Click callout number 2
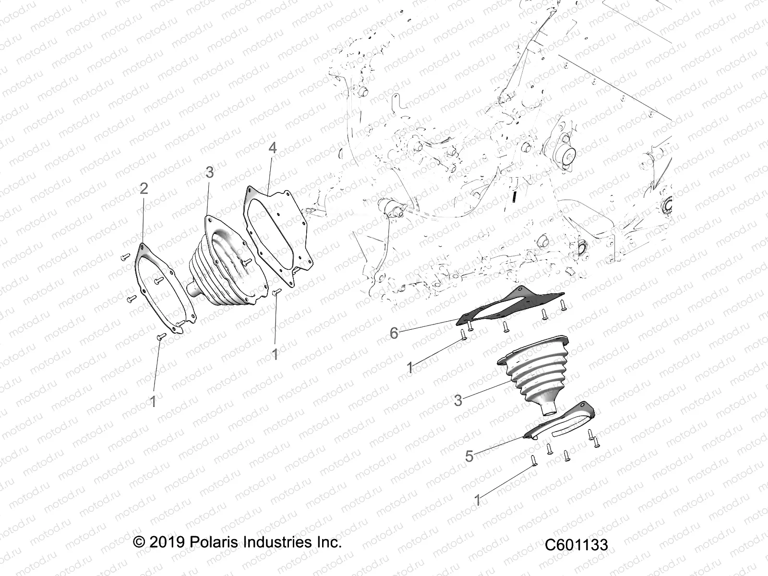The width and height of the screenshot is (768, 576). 144,189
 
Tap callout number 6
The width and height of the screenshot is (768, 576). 394,333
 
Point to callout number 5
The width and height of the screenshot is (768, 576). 469,456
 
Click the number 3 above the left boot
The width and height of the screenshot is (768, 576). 209,172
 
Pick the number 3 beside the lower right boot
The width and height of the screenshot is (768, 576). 458,400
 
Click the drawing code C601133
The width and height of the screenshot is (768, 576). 576,545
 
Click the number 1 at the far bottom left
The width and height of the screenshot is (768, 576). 153,401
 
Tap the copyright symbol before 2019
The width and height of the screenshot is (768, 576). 139,543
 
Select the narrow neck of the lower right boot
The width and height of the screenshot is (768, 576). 547,409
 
